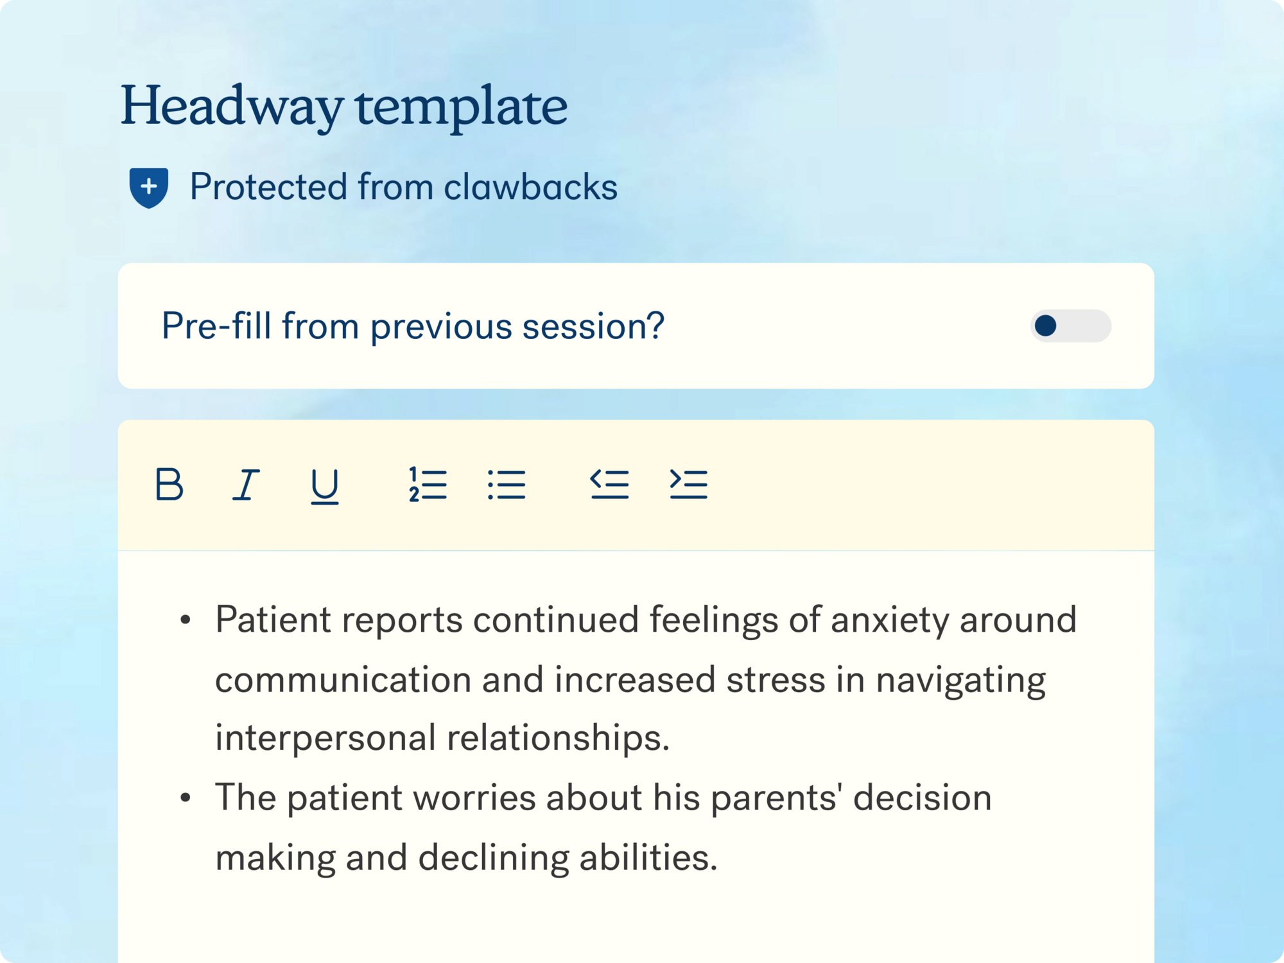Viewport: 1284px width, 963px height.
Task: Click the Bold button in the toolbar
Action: (x=169, y=484)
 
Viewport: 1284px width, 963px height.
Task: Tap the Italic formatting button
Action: (x=246, y=484)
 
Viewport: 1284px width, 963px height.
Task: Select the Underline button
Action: (x=325, y=486)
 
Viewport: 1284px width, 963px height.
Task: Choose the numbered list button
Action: (x=428, y=484)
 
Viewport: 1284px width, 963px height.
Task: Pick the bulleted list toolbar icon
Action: (x=507, y=484)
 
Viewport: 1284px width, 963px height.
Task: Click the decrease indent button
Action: (x=609, y=484)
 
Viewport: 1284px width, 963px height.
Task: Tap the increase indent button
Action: (x=688, y=484)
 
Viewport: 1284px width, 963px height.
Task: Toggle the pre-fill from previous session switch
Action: (x=1070, y=325)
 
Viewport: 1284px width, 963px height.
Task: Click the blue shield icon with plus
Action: (x=149, y=187)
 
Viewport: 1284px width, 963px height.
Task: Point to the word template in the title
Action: (x=462, y=107)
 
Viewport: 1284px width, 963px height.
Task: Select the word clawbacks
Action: (x=530, y=187)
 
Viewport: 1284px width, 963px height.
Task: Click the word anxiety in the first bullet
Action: (x=890, y=621)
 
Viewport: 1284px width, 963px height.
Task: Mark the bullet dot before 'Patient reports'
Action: (x=186, y=620)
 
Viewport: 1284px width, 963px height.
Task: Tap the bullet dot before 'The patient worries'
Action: (x=186, y=797)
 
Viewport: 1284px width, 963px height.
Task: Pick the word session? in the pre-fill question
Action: (x=593, y=326)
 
